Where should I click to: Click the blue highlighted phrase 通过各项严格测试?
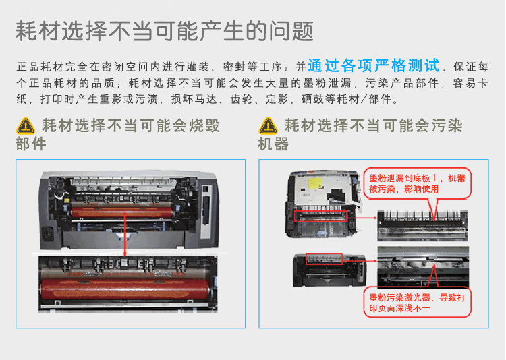pyautogui.click(x=373, y=66)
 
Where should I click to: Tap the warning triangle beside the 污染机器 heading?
pyautogui.click(x=268, y=125)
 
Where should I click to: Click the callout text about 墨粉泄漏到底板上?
pyautogui.click(x=416, y=183)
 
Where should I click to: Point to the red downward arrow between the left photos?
pyautogui.click(x=125, y=247)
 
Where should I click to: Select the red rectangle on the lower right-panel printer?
pyautogui.click(x=324, y=259)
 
